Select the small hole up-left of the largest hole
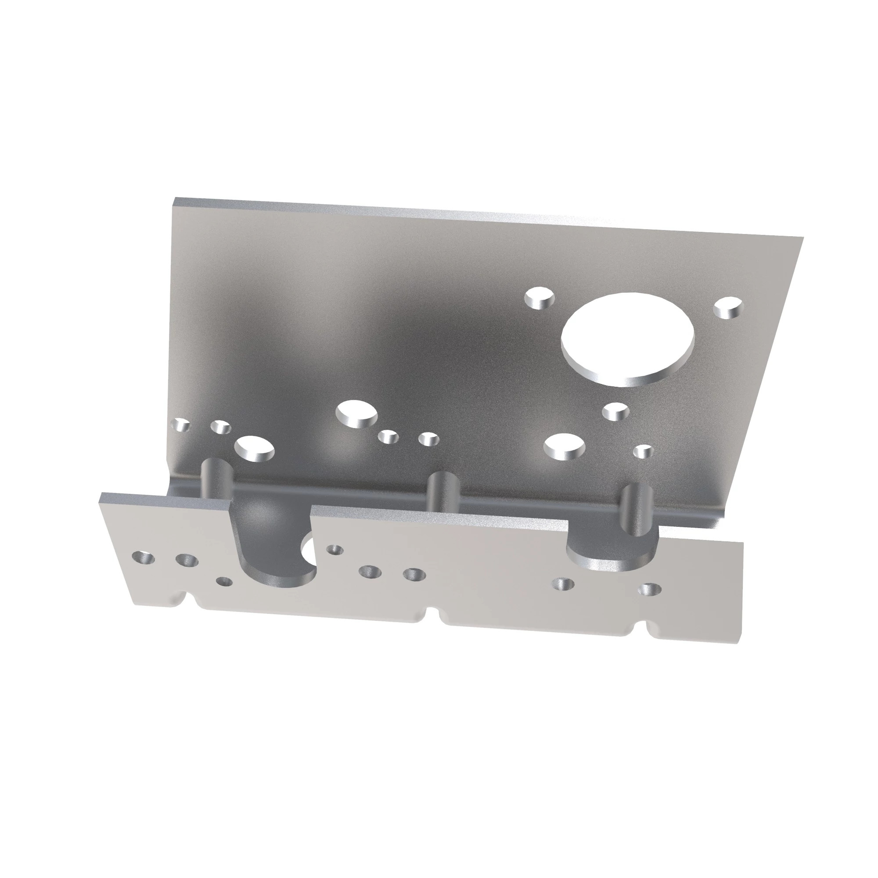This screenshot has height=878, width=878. (x=540, y=299)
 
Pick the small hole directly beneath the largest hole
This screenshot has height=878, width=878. (x=616, y=412)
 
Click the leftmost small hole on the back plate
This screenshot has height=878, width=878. (x=181, y=425)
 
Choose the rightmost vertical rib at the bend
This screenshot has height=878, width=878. (x=636, y=509)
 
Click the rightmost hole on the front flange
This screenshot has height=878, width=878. (x=650, y=590)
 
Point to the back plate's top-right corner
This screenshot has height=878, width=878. (x=802, y=237)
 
